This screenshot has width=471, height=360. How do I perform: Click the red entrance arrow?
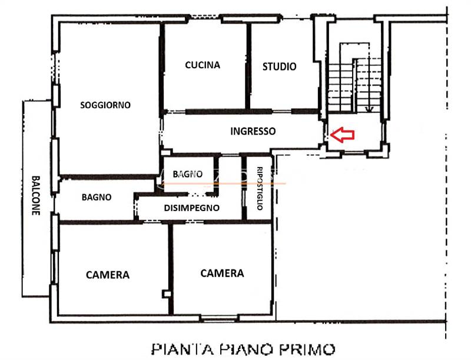[x=342, y=135]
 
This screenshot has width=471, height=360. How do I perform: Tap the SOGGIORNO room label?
[x=105, y=105]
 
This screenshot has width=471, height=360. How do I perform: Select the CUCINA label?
[x=203, y=65]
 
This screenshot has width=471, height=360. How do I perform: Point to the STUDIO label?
[x=279, y=66]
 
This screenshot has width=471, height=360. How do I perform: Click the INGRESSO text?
[x=253, y=131]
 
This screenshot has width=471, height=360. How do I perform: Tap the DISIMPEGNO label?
[x=192, y=208]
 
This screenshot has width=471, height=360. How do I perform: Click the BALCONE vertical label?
[x=36, y=196]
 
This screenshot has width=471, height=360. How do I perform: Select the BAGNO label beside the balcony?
[x=97, y=198]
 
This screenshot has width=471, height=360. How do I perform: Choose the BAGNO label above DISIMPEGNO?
[x=188, y=174]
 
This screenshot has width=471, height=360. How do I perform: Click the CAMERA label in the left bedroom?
[x=108, y=275]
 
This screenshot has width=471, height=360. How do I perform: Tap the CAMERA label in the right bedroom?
[x=222, y=273]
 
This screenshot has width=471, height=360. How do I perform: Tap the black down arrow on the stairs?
[x=369, y=107]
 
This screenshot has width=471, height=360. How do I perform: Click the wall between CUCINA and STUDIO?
[x=248, y=66]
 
